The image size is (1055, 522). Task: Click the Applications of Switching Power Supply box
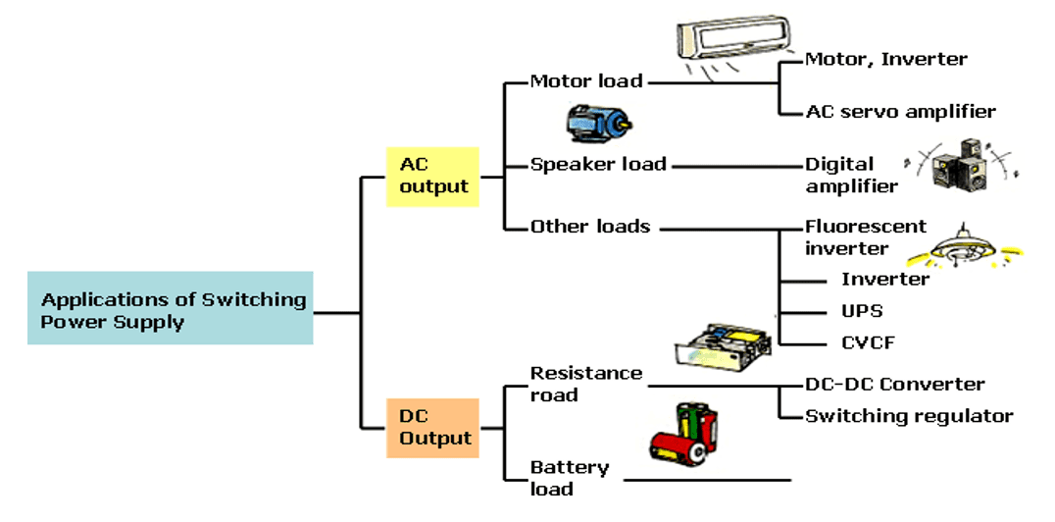(171, 308)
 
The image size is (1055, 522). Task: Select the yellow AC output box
(432, 177)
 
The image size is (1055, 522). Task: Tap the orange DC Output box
(432, 428)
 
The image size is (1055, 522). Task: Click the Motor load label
(586, 81)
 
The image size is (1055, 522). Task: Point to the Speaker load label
(598, 164)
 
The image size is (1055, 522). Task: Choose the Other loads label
(590, 227)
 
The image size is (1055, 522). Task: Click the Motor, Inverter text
(885, 60)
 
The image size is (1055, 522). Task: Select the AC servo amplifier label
(900, 112)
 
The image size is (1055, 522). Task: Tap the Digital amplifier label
(851, 175)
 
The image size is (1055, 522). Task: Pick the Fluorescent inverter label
(865, 236)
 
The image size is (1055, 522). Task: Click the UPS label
(862, 311)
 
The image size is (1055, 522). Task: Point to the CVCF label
(867, 343)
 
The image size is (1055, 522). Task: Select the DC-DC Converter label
(894, 385)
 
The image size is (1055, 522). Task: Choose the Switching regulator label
(909, 416)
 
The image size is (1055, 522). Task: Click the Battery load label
(570, 477)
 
